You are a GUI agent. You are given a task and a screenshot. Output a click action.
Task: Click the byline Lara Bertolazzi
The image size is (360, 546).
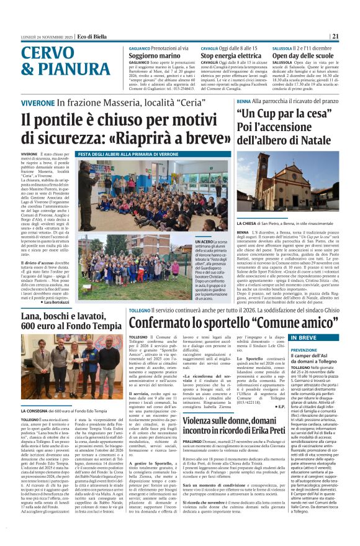click(55, 303)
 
